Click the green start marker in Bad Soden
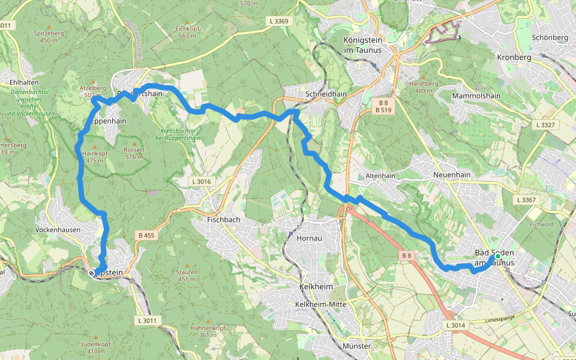tap(497, 256)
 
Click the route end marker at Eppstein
tap(92, 273)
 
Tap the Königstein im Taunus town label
tap(362, 45)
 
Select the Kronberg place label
tap(514, 58)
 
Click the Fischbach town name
tap(223, 220)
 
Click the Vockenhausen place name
tap(58, 230)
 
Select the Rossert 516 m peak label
tap(133, 153)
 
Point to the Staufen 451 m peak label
tap(187, 275)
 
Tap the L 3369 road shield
tap(278, 21)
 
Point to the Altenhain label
tap(380, 176)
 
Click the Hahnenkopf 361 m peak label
tap(207, 331)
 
